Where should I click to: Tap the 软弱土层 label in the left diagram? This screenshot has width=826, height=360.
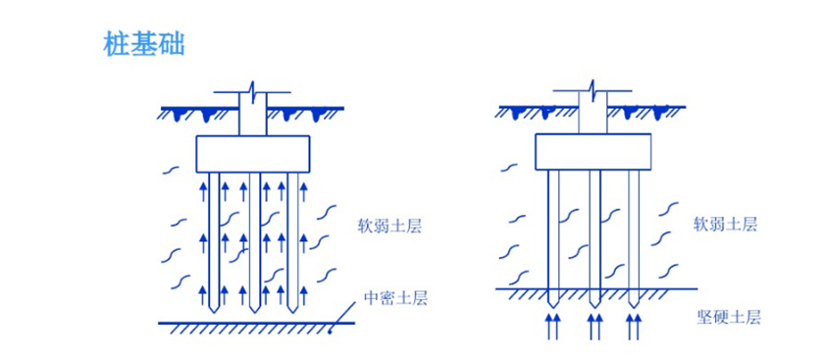pyautogui.click(x=389, y=225)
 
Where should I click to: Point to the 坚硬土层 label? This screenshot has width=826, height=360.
pyautogui.click(x=728, y=317)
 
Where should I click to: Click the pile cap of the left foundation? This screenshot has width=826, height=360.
pyautogui.click(x=252, y=153)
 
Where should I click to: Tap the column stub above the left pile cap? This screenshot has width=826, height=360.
pyautogui.click(x=252, y=116)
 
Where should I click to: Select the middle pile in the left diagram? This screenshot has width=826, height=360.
pyautogui.click(x=254, y=235)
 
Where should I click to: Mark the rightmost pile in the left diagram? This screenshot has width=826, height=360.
pyautogui.click(x=291, y=235)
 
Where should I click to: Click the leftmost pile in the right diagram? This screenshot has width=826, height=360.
pyautogui.click(x=553, y=226)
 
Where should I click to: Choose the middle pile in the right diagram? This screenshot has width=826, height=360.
pyautogui.click(x=594, y=226)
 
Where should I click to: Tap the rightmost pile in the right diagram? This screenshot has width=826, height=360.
pyautogui.click(x=634, y=226)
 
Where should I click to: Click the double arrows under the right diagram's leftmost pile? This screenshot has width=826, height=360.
pyautogui.click(x=553, y=325)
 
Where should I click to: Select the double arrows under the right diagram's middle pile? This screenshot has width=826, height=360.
pyautogui.click(x=594, y=325)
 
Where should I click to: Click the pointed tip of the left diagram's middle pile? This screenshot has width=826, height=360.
pyautogui.click(x=254, y=307)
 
